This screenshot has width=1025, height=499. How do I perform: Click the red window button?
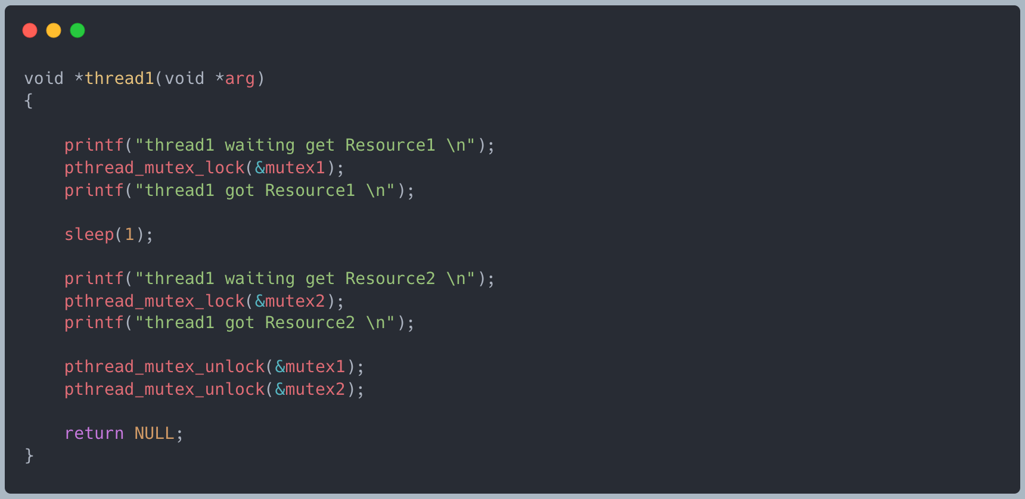pyautogui.click(x=30, y=30)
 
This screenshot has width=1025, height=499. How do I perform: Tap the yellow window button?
pyautogui.click(x=54, y=30)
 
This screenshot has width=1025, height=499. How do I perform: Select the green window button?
pyautogui.click(x=77, y=30)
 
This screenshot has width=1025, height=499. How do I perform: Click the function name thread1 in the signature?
pyautogui.click(x=119, y=79)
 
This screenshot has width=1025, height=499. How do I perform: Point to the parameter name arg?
pyautogui.click(x=240, y=79)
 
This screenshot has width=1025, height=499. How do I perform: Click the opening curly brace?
pyautogui.click(x=28, y=101)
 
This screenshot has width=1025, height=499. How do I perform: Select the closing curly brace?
pyautogui.click(x=29, y=456)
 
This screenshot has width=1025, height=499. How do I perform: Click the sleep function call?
pyautogui.click(x=89, y=235)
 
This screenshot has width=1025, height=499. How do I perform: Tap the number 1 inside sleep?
pyautogui.click(x=129, y=235)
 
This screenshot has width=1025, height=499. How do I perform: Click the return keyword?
pyautogui.click(x=94, y=433)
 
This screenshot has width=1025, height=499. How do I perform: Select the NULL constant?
pyautogui.click(x=154, y=433)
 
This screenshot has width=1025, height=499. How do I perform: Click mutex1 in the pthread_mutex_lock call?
pyautogui.click(x=295, y=168)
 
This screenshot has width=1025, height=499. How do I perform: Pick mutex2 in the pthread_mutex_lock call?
pyautogui.click(x=295, y=301)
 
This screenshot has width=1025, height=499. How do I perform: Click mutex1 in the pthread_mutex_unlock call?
pyautogui.click(x=315, y=367)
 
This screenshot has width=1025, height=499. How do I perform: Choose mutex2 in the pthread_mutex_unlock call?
pyautogui.click(x=315, y=389)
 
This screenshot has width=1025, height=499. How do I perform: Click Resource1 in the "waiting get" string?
pyautogui.click(x=390, y=145)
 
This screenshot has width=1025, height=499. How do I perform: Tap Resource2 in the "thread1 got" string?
pyautogui.click(x=310, y=323)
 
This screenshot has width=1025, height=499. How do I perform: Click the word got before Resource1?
pyautogui.click(x=240, y=191)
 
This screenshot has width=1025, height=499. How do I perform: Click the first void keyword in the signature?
pyautogui.click(x=44, y=79)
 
